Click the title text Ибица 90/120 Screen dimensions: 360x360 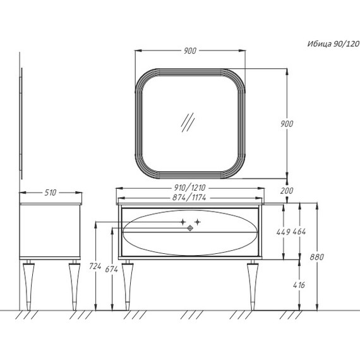click(333, 44)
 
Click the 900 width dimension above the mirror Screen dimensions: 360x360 click(190, 51)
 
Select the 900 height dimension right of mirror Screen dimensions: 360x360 click(287, 124)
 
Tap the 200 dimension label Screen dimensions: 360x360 click(287, 191)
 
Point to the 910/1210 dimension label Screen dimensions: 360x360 click(189, 188)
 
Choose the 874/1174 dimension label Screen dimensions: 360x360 click(189, 197)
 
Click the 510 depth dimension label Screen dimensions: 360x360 click(51, 193)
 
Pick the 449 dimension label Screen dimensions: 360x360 click(284, 232)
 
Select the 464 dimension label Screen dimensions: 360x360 click(299, 232)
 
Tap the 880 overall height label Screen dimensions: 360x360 click(317, 257)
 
